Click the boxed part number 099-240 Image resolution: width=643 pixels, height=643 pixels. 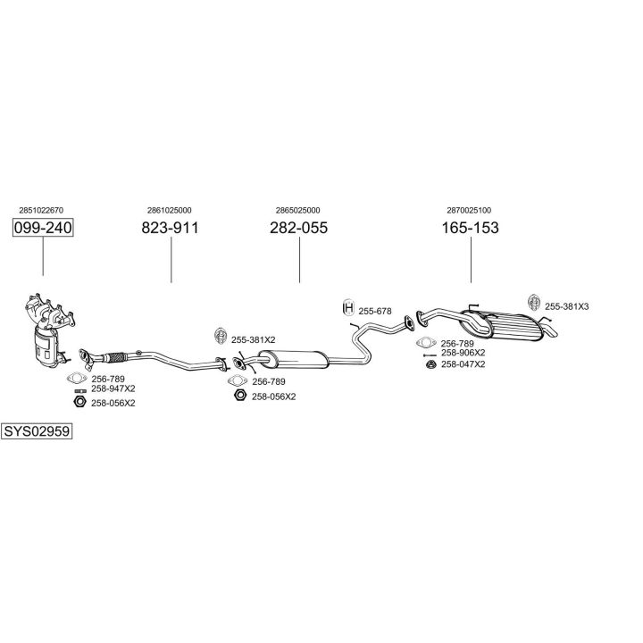tap(42, 229)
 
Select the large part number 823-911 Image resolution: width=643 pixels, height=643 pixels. tap(170, 228)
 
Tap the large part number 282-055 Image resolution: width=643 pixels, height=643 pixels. tap(298, 228)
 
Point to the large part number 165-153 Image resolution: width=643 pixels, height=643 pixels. tap(470, 228)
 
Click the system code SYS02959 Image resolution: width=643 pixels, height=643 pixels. tap(37, 430)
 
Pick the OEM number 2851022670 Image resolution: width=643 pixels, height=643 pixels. tap(41, 211)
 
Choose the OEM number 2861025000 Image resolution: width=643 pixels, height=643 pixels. tap(170, 211)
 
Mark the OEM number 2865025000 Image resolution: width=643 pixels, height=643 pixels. tap(298, 211)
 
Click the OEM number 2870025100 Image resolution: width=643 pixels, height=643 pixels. tap(469, 211)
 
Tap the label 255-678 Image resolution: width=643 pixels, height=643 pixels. tap(375, 311)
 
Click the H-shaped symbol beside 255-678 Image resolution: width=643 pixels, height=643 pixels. tap(348, 309)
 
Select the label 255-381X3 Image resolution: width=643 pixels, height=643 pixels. tap(567, 306)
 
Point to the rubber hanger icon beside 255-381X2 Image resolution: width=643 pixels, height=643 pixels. tap(219, 336)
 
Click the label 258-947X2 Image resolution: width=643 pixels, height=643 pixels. tap(113, 388)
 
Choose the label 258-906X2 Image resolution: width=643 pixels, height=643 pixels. tap(463, 353)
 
